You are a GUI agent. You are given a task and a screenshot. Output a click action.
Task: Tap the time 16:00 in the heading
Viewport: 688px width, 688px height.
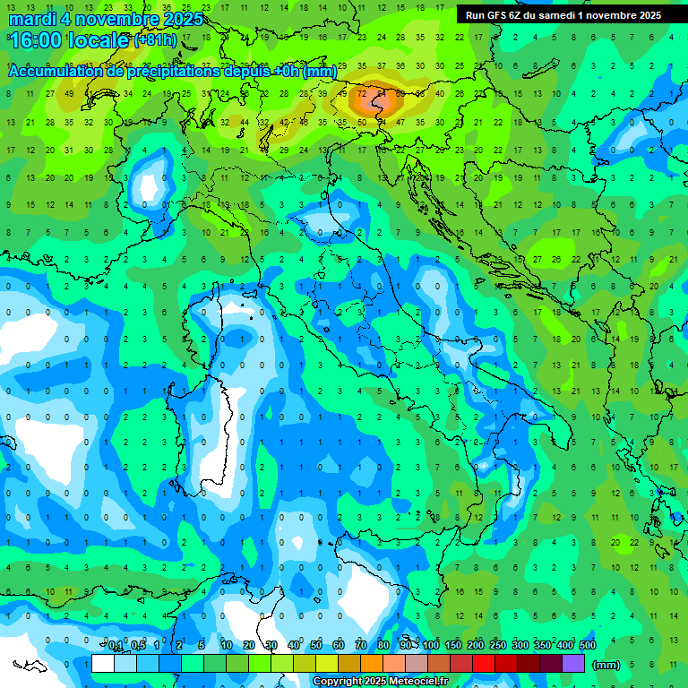click(x=36, y=40)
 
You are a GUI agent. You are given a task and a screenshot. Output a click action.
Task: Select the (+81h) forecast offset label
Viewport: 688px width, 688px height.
click(x=156, y=40)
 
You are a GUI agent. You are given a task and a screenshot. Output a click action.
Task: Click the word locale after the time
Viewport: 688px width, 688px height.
click(x=99, y=40)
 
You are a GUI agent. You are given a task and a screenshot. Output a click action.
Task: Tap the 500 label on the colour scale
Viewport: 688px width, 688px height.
click(x=588, y=646)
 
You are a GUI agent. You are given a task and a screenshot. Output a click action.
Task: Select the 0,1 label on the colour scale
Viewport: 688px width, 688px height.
click(x=116, y=646)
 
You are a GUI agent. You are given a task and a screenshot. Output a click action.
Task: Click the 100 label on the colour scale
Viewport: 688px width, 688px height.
click(x=431, y=646)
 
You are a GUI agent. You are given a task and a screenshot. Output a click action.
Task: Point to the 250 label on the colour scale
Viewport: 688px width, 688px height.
click(x=498, y=646)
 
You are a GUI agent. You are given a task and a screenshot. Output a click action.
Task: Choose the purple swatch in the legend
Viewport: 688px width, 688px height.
click(x=573, y=663)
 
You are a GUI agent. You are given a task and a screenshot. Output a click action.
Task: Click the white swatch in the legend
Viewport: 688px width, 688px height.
click(x=103, y=663)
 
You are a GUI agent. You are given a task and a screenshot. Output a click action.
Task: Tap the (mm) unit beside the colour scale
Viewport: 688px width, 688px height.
click(x=606, y=665)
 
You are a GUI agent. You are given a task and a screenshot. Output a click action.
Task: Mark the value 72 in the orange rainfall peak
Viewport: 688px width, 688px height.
click(x=363, y=93)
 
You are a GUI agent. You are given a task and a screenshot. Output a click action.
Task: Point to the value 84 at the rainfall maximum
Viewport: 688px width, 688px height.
click(x=382, y=93)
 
